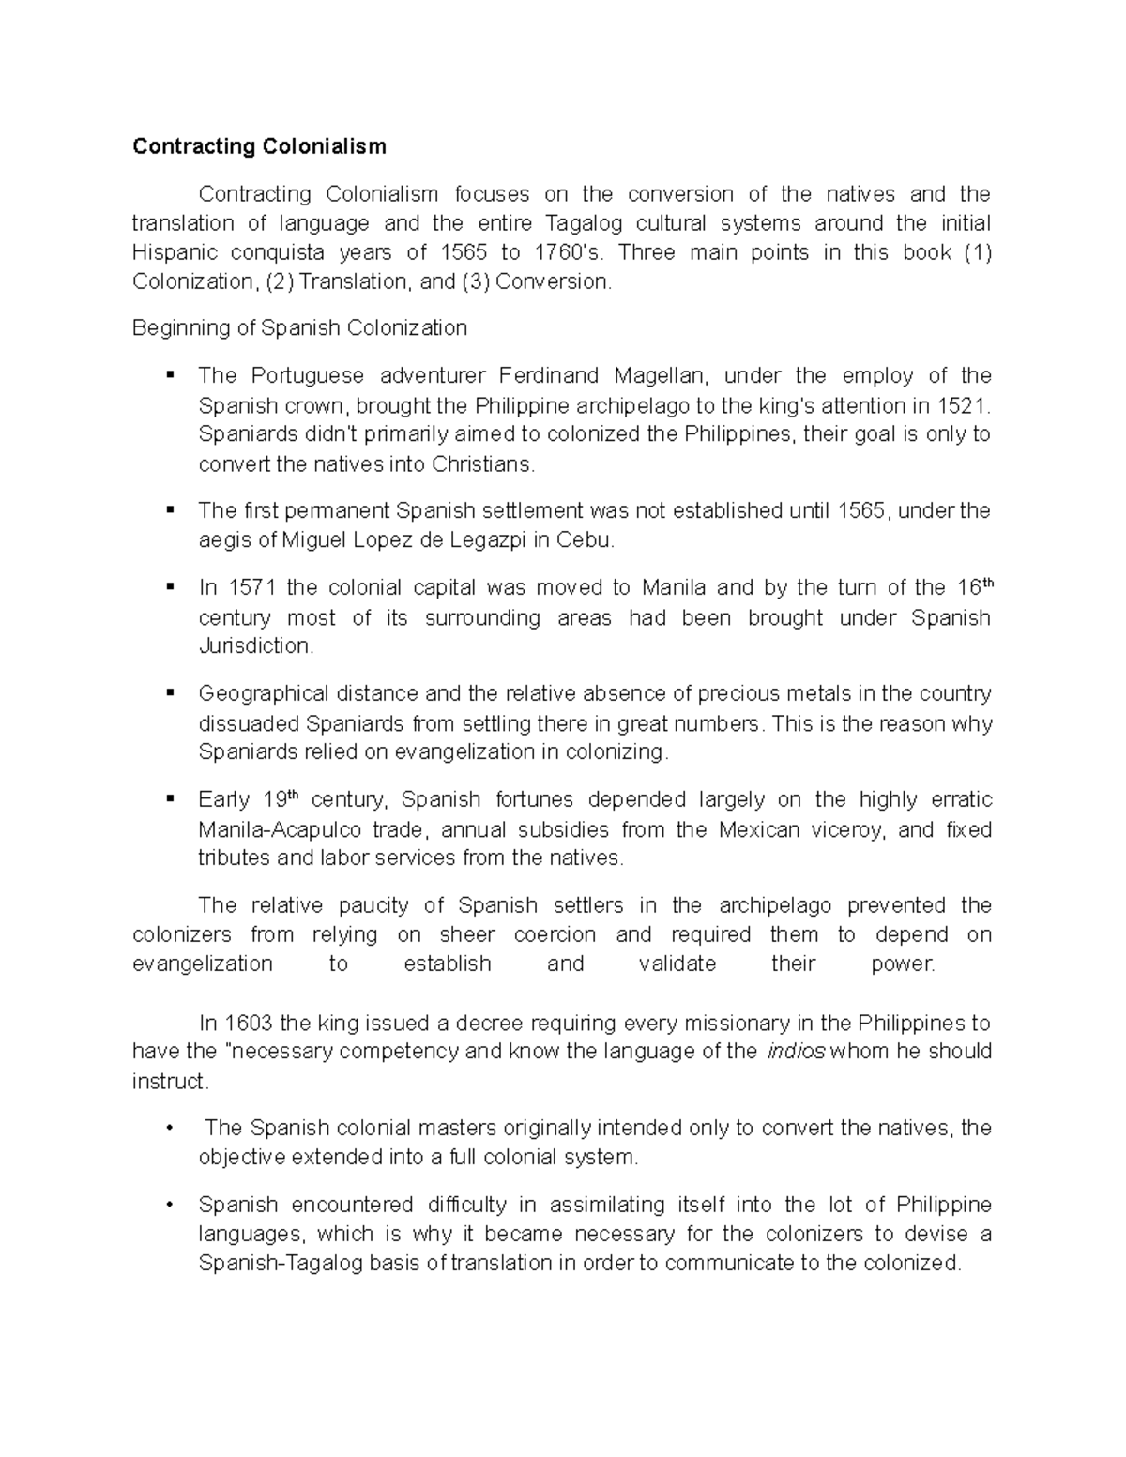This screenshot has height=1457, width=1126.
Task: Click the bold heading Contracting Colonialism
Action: tap(259, 146)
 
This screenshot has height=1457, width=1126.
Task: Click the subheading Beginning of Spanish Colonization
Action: tap(299, 327)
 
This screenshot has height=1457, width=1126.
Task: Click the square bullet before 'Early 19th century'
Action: tap(170, 799)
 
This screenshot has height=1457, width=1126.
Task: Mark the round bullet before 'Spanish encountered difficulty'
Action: tap(169, 1205)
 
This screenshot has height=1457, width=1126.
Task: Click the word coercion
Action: tap(555, 934)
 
